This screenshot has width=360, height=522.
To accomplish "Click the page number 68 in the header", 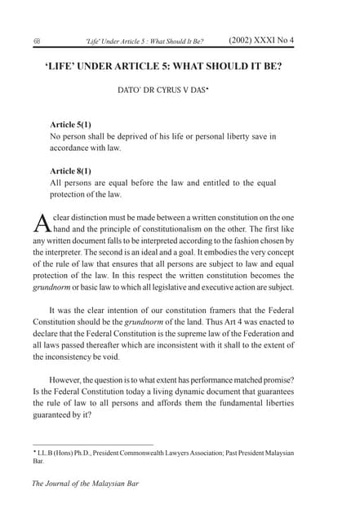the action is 38,40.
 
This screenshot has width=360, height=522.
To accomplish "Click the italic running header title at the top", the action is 145,40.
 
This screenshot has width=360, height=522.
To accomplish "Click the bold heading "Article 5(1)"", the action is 73,125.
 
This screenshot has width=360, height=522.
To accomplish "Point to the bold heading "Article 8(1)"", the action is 73,170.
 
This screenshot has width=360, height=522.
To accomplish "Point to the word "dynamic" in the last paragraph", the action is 186,391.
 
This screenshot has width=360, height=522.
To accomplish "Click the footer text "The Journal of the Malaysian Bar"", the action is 85,484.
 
